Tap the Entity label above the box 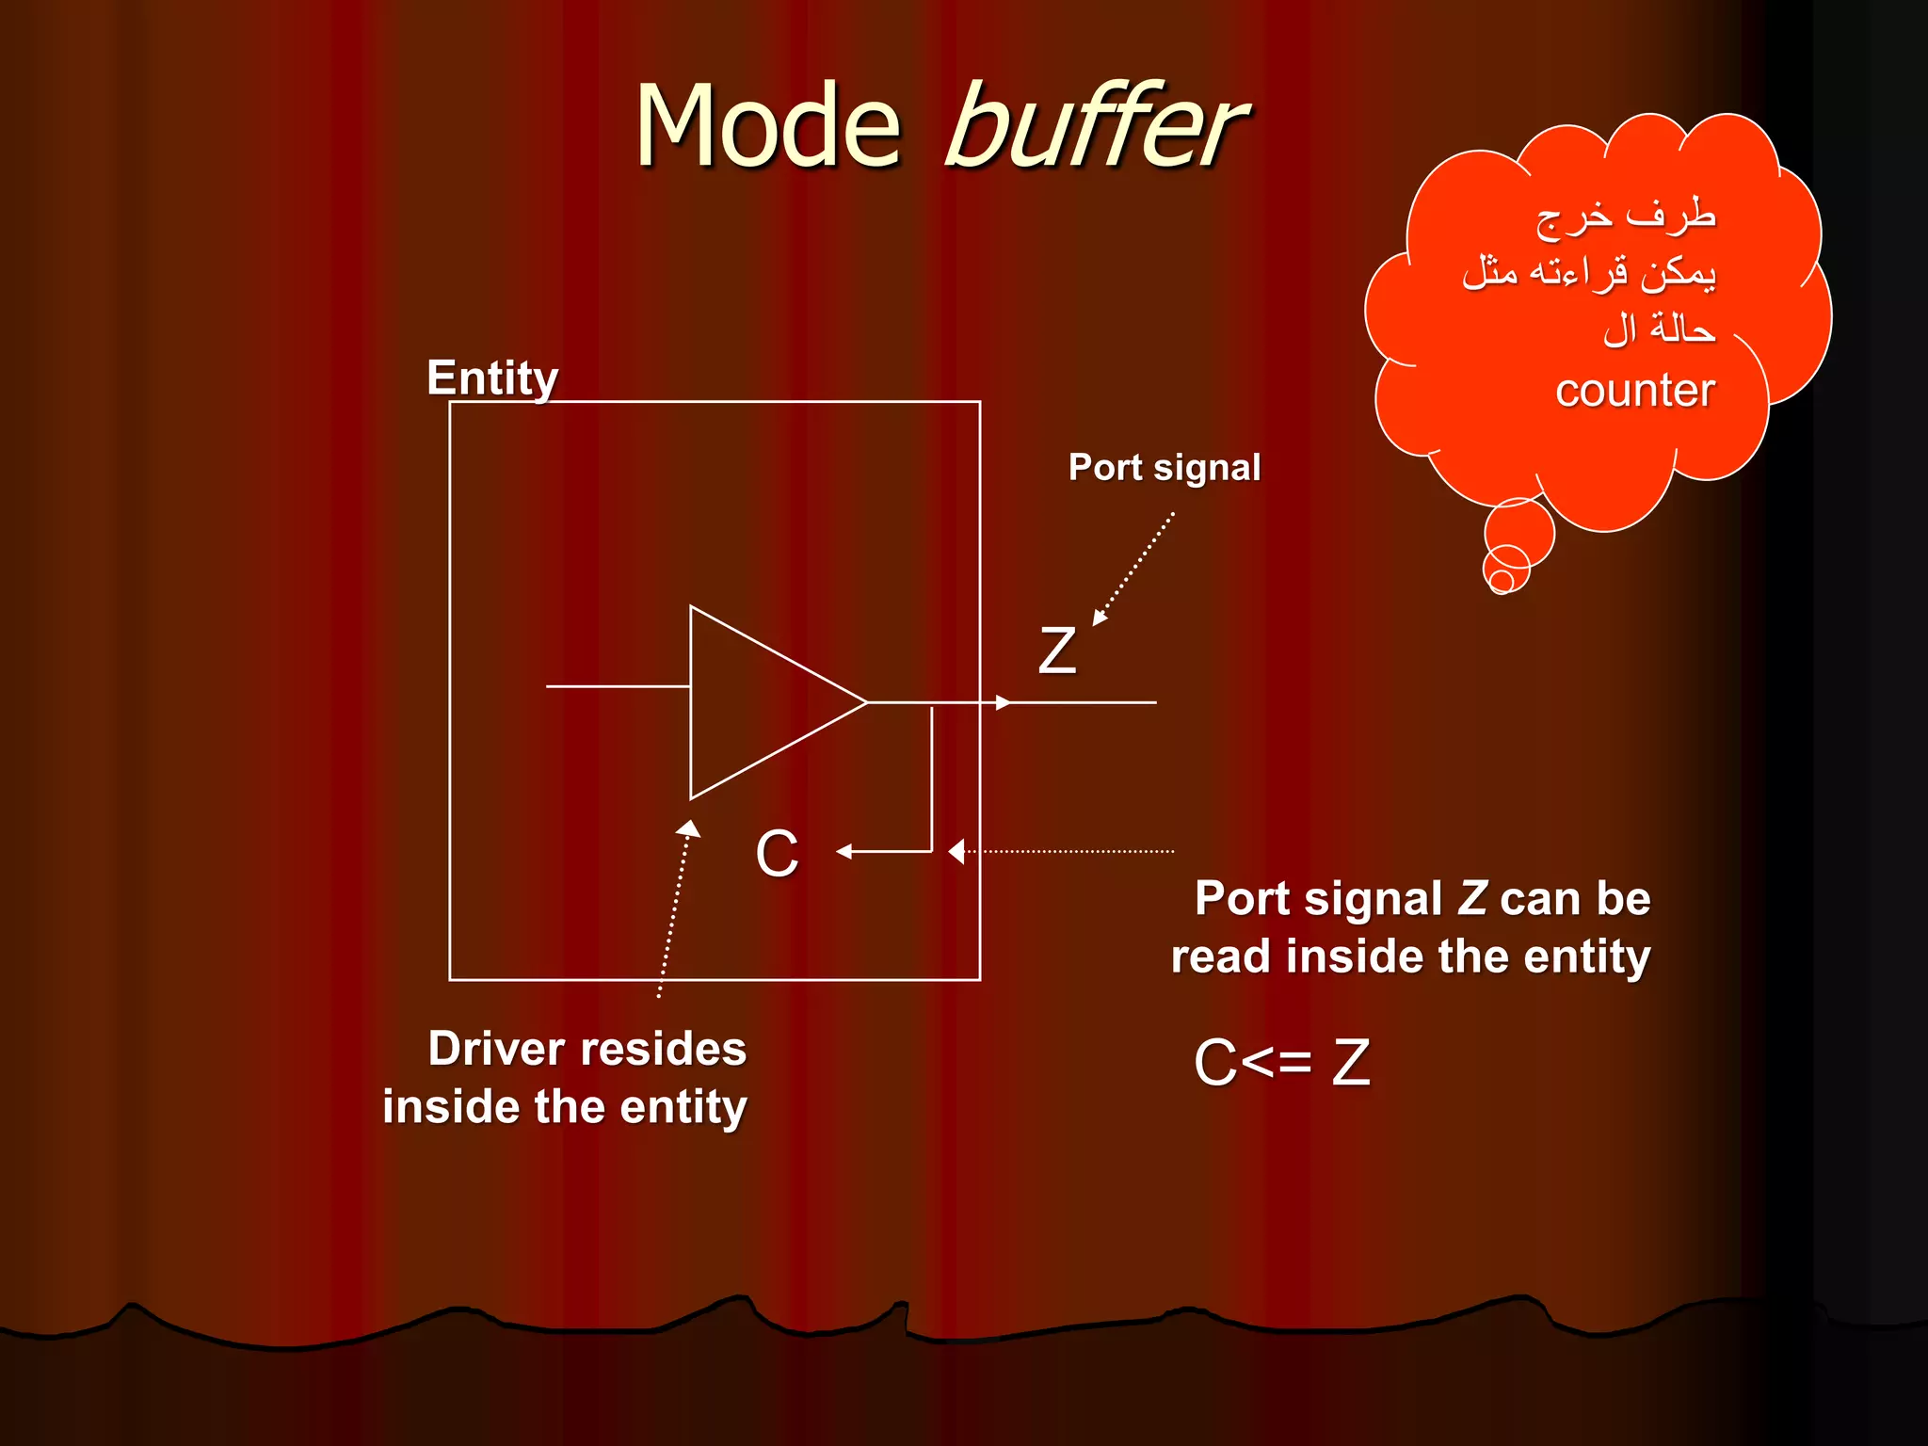tap(492, 378)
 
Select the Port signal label tap(1164, 468)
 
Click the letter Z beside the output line tap(1056, 651)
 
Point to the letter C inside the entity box tap(777, 854)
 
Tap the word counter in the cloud tap(1634, 390)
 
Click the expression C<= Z tap(1281, 1063)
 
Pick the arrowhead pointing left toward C tap(844, 852)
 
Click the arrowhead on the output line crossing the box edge tap(1003, 702)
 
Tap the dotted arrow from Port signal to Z tap(1134, 569)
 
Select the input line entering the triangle tap(617, 686)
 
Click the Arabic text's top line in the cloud tap(1626, 217)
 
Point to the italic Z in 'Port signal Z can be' tap(1472, 898)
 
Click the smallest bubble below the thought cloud tap(1502, 582)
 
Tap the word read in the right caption tap(1222, 957)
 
